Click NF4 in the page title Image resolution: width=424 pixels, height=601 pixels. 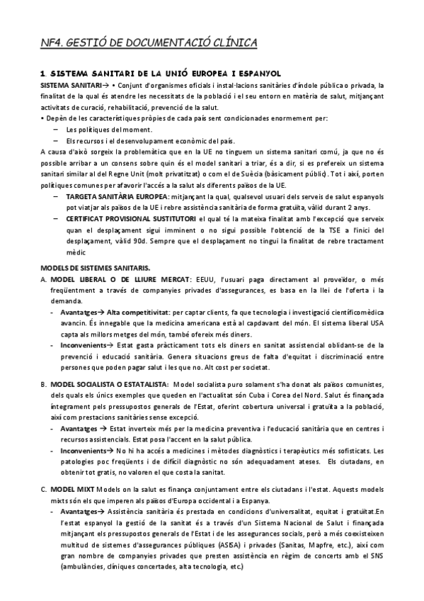click(x=51, y=45)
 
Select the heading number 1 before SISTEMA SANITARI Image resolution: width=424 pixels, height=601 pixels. click(x=43, y=73)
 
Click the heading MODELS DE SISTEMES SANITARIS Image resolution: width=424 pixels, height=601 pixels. click(x=95, y=267)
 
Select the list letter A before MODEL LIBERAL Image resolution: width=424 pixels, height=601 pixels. click(x=44, y=281)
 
